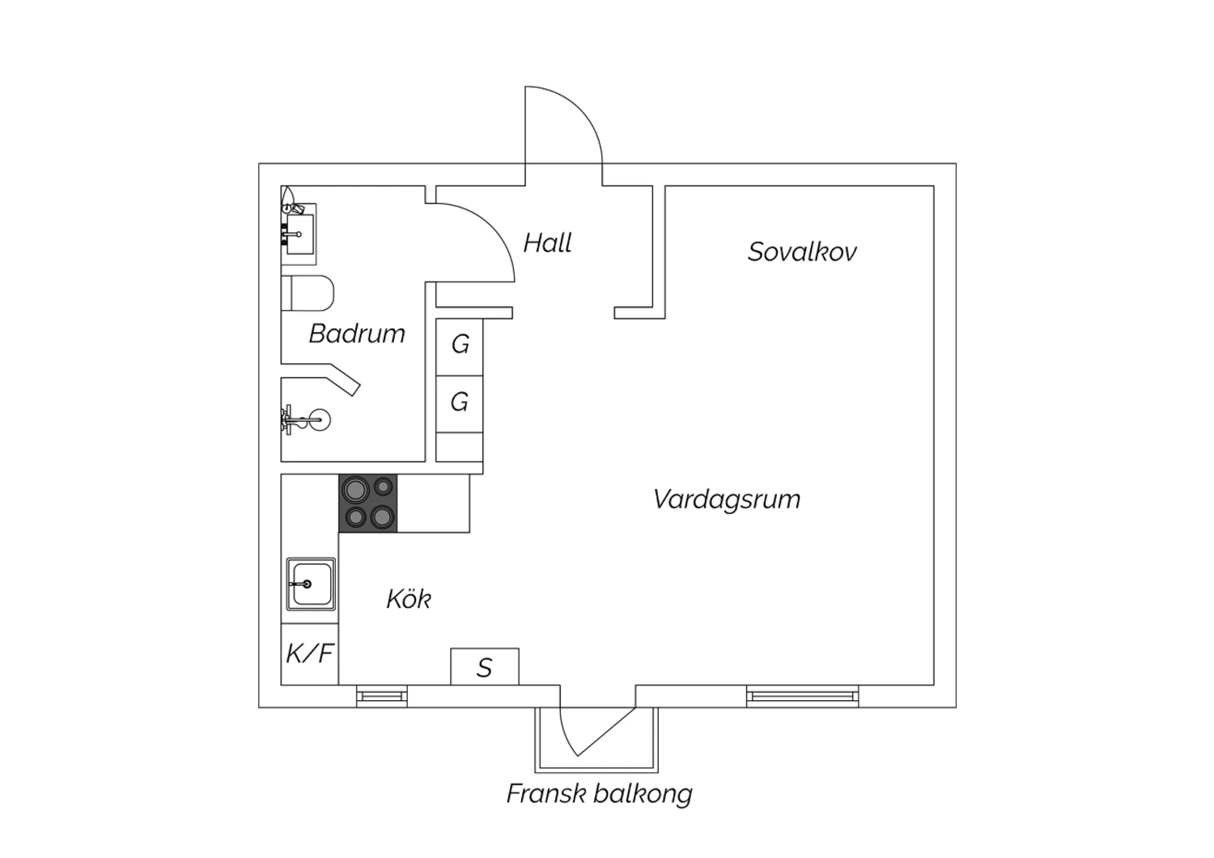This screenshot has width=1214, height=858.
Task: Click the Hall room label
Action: coord(547,242)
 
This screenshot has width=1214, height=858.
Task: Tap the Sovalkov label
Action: coord(802,252)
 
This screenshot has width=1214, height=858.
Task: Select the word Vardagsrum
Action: coord(727,499)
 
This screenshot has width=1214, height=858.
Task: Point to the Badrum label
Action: coord(357,333)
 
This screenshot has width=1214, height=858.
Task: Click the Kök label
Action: coord(409,598)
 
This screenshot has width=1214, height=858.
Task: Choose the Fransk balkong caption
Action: coord(600,794)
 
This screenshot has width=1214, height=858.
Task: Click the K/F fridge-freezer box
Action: coord(309,654)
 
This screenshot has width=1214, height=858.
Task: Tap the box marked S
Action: coord(485,667)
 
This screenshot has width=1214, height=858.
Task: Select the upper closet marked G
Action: coord(460,347)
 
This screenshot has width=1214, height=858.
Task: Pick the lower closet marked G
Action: coord(460,404)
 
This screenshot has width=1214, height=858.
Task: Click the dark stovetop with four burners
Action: coord(368,503)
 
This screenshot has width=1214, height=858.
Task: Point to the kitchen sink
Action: coord(311,584)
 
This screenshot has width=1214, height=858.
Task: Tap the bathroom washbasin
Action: coord(299,234)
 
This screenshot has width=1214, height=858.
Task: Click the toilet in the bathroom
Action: coord(308,293)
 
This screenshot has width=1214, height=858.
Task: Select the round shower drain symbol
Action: coord(319,419)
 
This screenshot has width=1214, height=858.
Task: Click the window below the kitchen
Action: coord(382,696)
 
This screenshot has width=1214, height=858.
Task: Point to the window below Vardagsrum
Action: coord(802,696)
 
